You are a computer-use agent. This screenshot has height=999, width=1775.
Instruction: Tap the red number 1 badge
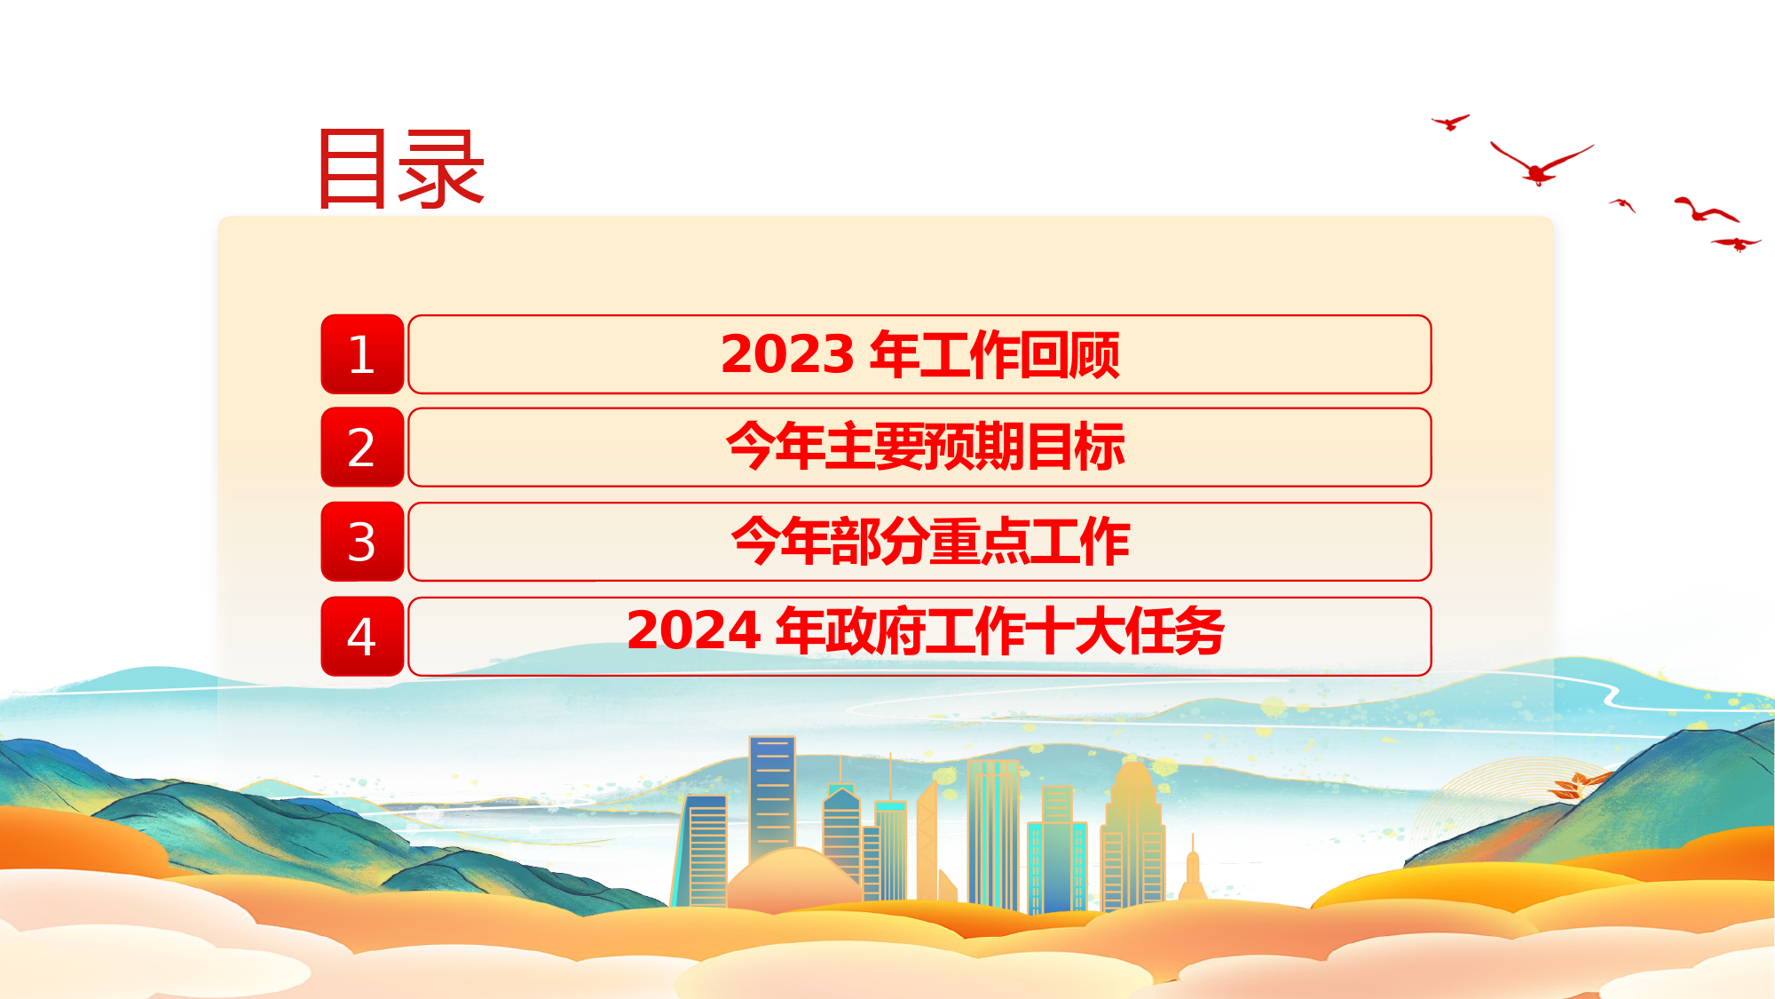[362, 353]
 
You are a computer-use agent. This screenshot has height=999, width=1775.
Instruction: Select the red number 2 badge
[362, 447]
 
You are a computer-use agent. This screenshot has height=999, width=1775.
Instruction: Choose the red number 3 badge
[362, 541]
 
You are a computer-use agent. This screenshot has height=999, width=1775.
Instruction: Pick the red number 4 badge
[362, 636]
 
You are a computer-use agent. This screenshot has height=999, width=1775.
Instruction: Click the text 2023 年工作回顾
[920, 354]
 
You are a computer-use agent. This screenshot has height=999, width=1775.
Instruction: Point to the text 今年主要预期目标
[926, 447]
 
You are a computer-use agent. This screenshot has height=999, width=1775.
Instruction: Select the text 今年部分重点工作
[930, 541]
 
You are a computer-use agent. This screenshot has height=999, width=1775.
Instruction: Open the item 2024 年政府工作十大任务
[926, 631]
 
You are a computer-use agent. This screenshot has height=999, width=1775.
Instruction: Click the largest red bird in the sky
[1539, 166]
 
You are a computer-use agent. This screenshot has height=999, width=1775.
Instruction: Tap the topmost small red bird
[1451, 122]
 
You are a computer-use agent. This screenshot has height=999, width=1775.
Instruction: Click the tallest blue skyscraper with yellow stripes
[772, 799]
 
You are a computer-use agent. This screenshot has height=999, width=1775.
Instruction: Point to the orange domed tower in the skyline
[1133, 835]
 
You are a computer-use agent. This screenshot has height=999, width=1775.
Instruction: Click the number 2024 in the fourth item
[694, 630]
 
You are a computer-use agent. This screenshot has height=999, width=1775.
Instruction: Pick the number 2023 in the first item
[788, 354]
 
